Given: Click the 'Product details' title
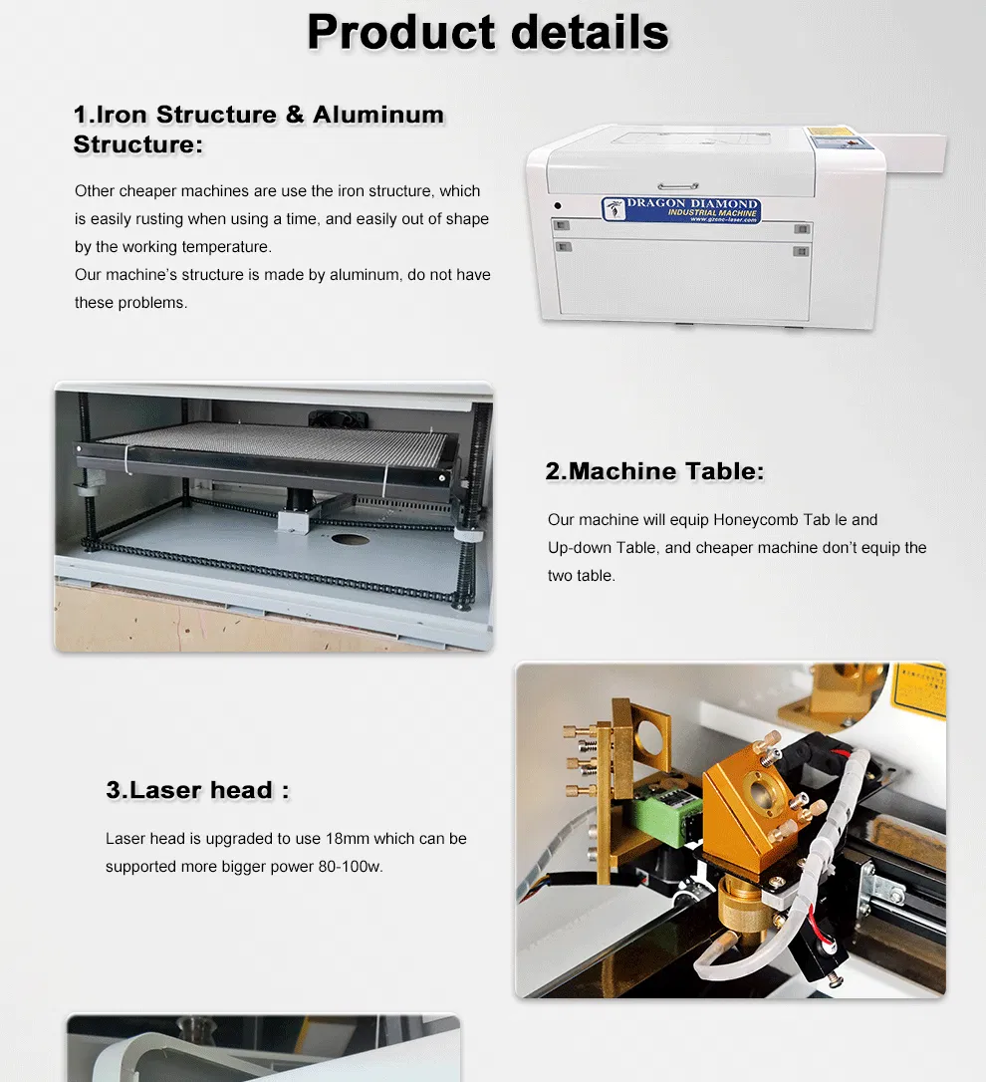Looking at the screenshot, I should click(x=487, y=32).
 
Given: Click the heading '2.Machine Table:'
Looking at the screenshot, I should click(x=654, y=471).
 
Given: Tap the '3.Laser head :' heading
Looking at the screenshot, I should click(x=197, y=791).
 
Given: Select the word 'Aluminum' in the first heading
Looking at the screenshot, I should click(x=377, y=115).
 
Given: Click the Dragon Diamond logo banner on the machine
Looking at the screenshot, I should click(x=681, y=209).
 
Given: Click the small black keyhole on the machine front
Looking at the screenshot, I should click(x=558, y=206).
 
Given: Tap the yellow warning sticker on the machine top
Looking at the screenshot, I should click(x=830, y=132).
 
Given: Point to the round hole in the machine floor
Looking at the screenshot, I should click(x=350, y=539).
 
